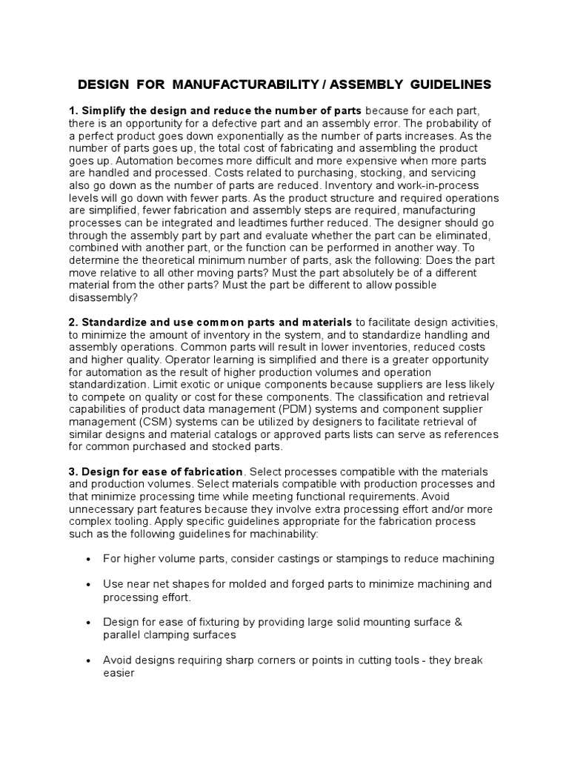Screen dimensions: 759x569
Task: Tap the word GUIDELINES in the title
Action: [x=444, y=86]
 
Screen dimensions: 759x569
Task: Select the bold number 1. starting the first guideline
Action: [x=73, y=110]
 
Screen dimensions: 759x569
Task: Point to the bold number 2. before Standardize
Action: [x=73, y=322]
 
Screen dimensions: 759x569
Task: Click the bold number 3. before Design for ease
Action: [x=73, y=472]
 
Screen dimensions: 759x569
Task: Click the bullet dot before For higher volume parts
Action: [x=89, y=559]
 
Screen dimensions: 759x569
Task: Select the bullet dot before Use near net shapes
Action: [x=89, y=585]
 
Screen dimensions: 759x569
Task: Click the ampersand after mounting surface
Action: [x=457, y=623]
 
